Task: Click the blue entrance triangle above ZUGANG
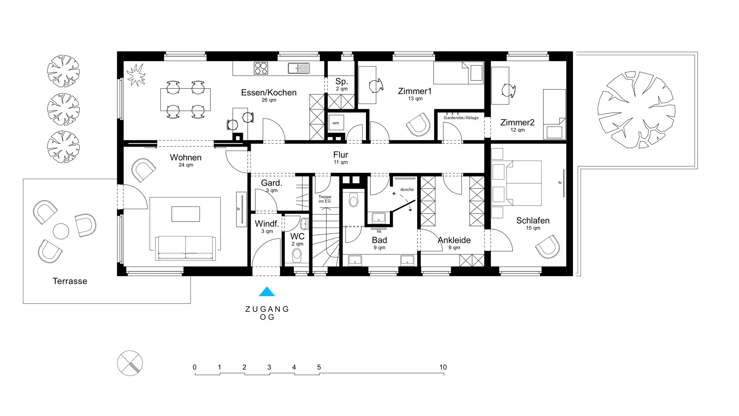coord(267,292)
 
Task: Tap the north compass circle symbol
coord(130,363)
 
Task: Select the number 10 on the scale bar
coord(443,367)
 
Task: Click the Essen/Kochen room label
coord(269,93)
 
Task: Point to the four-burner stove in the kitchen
coord(261,68)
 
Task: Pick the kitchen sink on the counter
coord(299,68)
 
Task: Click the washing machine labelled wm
coord(336,122)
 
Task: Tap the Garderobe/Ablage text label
coord(461,118)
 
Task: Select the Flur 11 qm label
coord(341,158)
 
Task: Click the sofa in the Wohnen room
coord(185,248)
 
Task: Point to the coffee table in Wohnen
coord(186,214)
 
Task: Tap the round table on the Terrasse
coord(61,231)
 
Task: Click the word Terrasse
coord(70,281)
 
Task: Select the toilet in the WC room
coord(296,255)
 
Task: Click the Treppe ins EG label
coord(325,199)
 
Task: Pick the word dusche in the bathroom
coord(407,189)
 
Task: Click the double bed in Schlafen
coord(524,183)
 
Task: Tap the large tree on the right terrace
coord(636,110)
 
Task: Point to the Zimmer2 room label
coord(517,122)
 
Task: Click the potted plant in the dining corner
coord(136,75)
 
